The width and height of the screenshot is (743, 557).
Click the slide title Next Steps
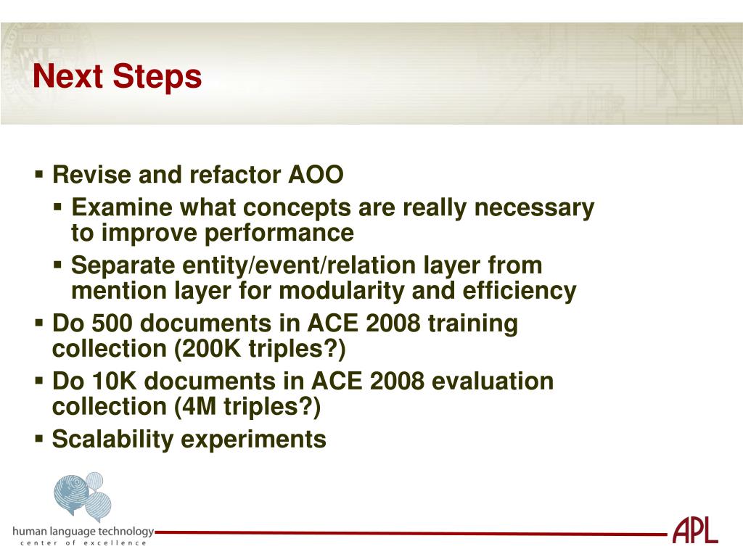coord(117,76)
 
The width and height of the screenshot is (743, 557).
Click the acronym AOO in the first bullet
coord(316,175)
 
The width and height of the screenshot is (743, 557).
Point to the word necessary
coord(534,209)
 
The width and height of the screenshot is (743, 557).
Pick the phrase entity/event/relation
coord(299,265)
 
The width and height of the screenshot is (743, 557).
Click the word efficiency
coord(520,292)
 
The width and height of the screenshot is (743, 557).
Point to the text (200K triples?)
coord(260,350)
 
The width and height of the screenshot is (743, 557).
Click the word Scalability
coord(112,440)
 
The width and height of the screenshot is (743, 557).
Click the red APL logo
coord(695,530)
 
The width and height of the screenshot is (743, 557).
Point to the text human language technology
coord(83,532)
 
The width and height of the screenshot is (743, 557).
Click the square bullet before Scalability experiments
coord(39,439)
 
